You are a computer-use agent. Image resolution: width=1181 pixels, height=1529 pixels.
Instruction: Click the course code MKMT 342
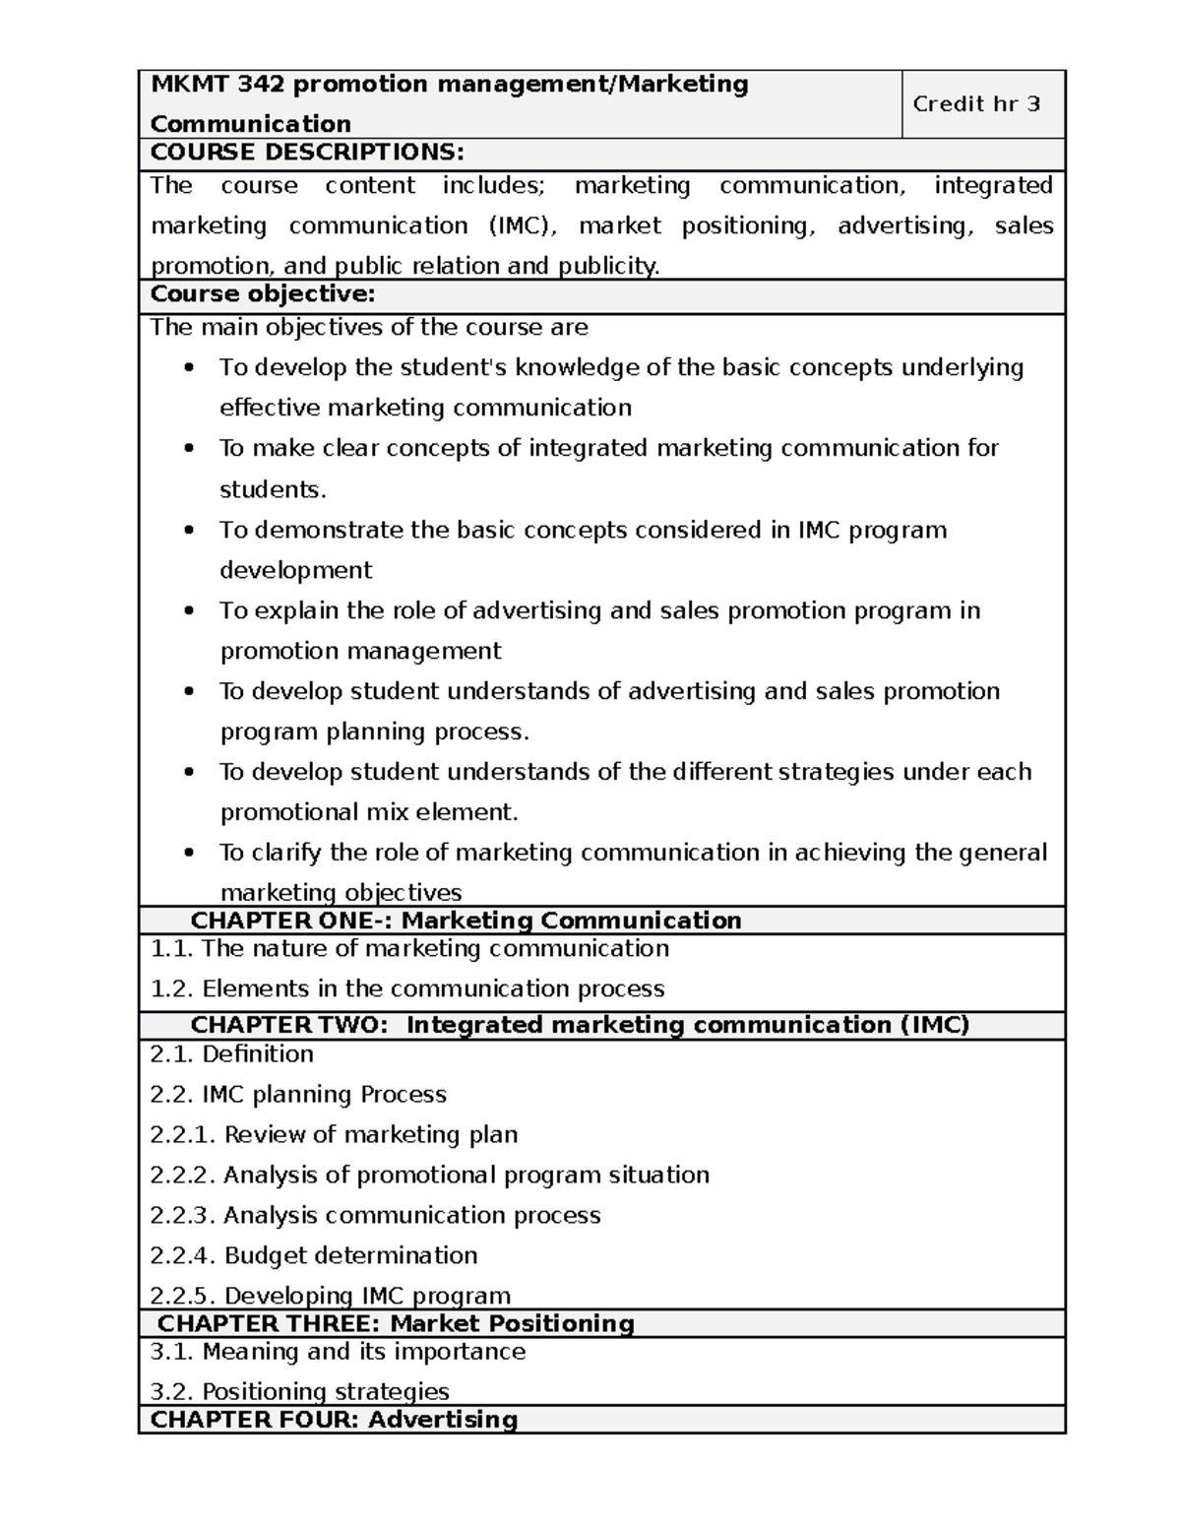coord(217,85)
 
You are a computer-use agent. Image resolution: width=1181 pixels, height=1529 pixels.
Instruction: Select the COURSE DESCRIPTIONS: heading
coord(306,153)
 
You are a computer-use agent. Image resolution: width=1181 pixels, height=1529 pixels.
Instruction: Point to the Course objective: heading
coord(262,294)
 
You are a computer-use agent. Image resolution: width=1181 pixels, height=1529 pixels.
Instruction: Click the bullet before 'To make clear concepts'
coord(190,449)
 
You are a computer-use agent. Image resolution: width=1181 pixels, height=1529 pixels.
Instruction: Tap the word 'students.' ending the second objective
coord(273,489)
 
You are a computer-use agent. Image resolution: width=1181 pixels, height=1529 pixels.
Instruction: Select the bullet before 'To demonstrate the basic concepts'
coord(190,531)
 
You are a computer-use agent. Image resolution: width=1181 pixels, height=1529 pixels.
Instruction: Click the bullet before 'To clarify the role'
coord(190,853)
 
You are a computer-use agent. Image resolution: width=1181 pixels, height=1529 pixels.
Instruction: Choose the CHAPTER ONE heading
coord(466,921)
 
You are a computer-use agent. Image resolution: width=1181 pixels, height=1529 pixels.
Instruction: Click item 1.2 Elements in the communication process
coord(407,988)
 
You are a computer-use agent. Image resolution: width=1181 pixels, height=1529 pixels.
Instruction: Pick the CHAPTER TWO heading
coord(580,1025)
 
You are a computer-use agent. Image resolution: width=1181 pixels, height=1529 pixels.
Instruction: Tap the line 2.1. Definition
coord(232,1054)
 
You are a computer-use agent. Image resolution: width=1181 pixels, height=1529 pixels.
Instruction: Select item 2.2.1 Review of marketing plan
coord(334,1135)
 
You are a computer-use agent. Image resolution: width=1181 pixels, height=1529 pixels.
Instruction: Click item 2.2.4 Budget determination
coord(314,1256)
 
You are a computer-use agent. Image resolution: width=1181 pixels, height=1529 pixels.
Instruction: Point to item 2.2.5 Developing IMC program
coord(331,1296)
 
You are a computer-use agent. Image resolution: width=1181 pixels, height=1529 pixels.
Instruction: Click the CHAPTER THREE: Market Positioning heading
coord(396,1323)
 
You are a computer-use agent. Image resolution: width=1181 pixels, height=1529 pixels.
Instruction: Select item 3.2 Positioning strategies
coord(300,1392)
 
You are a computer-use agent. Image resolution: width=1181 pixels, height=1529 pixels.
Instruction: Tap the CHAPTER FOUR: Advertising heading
coord(334,1420)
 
